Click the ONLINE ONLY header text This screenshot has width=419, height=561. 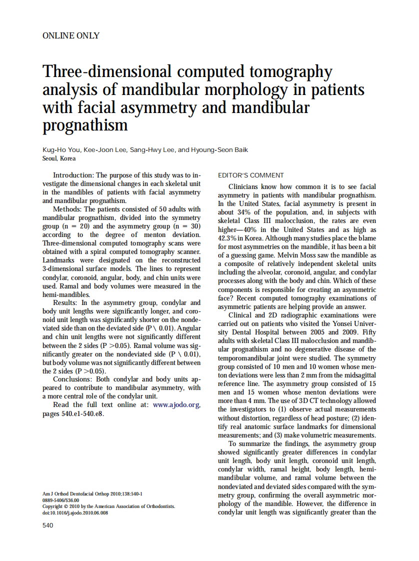point(71,35)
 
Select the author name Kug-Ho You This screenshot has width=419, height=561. point(62,150)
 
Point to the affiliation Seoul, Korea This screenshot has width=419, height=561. point(59,158)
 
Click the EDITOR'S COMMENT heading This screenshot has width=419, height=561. point(251,175)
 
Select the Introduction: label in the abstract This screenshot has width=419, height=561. point(73,175)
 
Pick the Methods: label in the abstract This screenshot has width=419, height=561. point(67,209)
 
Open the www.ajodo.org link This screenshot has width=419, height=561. point(176,405)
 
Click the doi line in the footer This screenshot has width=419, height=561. point(75,513)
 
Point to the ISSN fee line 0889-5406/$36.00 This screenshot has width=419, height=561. point(61,500)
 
